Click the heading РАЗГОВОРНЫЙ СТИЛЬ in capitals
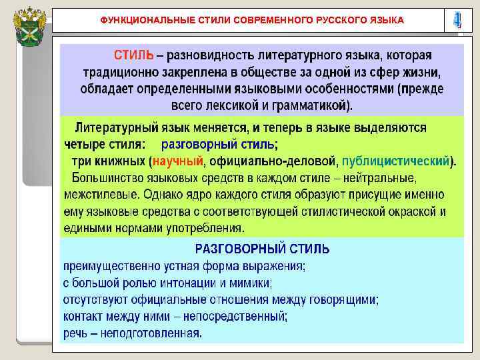[262, 249]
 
